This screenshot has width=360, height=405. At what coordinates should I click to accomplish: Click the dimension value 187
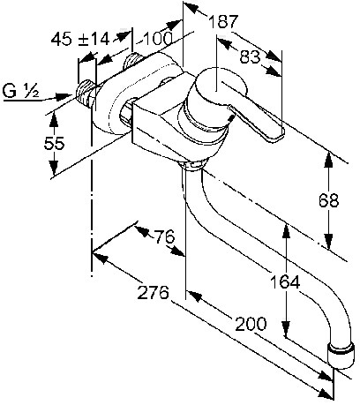tap(222, 21)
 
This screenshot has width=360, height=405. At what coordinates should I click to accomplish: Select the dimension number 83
tap(250, 56)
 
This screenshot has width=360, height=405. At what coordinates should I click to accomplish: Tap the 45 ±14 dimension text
tap(80, 39)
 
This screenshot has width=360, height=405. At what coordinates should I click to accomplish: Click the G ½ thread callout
tap(20, 91)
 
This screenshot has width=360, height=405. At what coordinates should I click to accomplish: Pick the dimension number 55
tap(54, 144)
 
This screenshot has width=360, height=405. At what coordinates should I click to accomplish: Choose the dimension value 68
tap(329, 200)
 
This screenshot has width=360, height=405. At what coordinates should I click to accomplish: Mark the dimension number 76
tap(165, 236)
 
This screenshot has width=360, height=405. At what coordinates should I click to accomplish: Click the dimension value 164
tap(285, 282)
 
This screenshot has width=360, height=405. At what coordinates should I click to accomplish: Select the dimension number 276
tap(154, 292)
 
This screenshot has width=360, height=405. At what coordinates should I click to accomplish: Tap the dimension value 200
tap(251, 324)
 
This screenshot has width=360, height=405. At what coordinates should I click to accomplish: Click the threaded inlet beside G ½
tap(85, 94)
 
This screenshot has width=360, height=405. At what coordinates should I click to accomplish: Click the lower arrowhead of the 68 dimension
tap(328, 241)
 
